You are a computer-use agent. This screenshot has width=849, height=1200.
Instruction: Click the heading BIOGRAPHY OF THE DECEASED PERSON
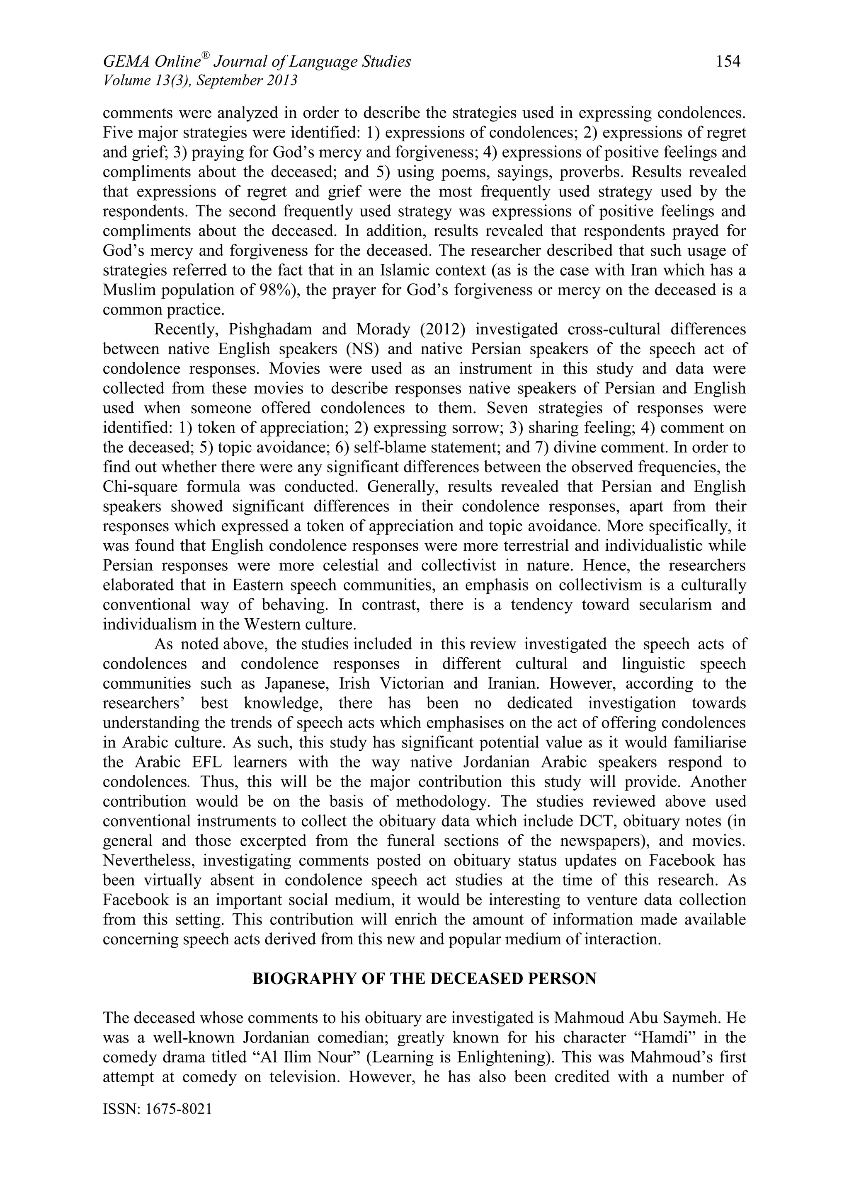[424, 978]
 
